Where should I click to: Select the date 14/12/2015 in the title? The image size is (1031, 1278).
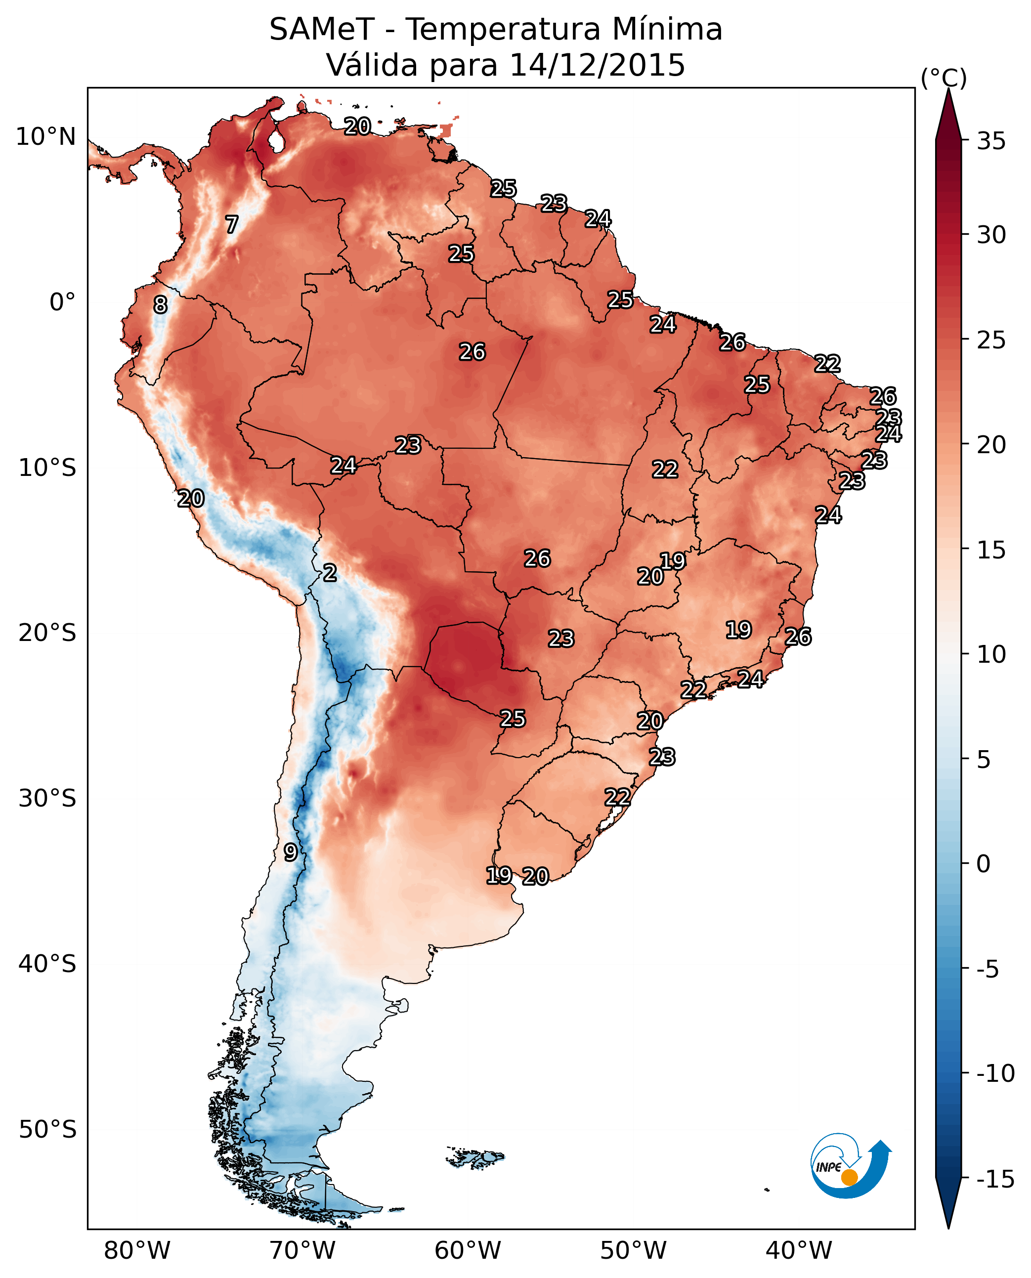(x=597, y=65)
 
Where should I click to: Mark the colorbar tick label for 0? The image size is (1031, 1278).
(x=984, y=864)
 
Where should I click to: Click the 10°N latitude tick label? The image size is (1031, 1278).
(x=46, y=137)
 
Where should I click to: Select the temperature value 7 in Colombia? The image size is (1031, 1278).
(x=232, y=224)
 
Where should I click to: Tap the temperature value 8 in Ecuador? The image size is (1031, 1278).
(x=160, y=304)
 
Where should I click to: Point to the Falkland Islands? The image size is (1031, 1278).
(x=475, y=1158)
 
